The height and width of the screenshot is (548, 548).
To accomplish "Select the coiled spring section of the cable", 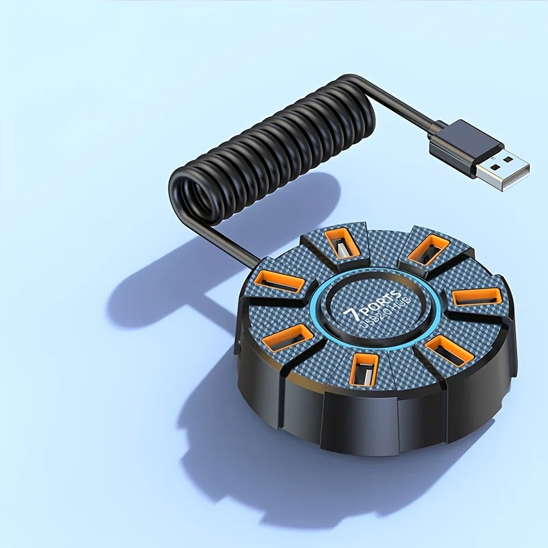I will pyautogui.click(x=274, y=147).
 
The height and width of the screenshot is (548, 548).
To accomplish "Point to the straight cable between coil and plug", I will pyautogui.click(x=404, y=103).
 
